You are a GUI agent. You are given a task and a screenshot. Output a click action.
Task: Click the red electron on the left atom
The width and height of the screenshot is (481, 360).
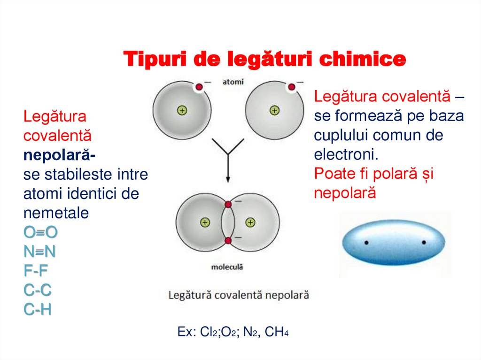click(x=199, y=87)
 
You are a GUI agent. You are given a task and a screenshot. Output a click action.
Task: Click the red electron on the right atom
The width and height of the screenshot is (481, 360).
click(x=292, y=87)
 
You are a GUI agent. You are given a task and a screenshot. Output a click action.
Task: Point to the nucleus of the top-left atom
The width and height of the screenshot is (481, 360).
click(x=182, y=111)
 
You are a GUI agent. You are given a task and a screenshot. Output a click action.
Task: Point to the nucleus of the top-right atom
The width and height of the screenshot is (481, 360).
click(x=274, y=111)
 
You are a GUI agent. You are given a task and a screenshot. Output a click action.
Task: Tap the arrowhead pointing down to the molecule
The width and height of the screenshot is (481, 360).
click(x=228, y=179)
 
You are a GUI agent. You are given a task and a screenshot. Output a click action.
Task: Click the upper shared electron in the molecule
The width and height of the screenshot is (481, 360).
click(x=228, y=204)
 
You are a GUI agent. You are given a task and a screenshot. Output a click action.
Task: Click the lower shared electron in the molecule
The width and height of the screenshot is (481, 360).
click(x=228, y=241)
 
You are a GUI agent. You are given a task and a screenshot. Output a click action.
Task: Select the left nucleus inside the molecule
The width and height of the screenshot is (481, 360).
click(x=205, y=222)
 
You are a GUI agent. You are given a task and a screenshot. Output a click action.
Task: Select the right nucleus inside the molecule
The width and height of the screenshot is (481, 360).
click(x=250, y=222)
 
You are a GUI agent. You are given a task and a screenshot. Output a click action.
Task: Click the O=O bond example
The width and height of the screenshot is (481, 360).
click(x=40, y=232)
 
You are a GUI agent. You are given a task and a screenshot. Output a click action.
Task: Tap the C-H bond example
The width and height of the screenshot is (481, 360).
click(x=37, y=310)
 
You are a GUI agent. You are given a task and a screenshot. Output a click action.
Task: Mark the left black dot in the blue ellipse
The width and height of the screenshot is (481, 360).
click(x=366, y=243)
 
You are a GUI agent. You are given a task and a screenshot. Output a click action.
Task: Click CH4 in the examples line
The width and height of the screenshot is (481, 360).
click(x=276, y=332)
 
